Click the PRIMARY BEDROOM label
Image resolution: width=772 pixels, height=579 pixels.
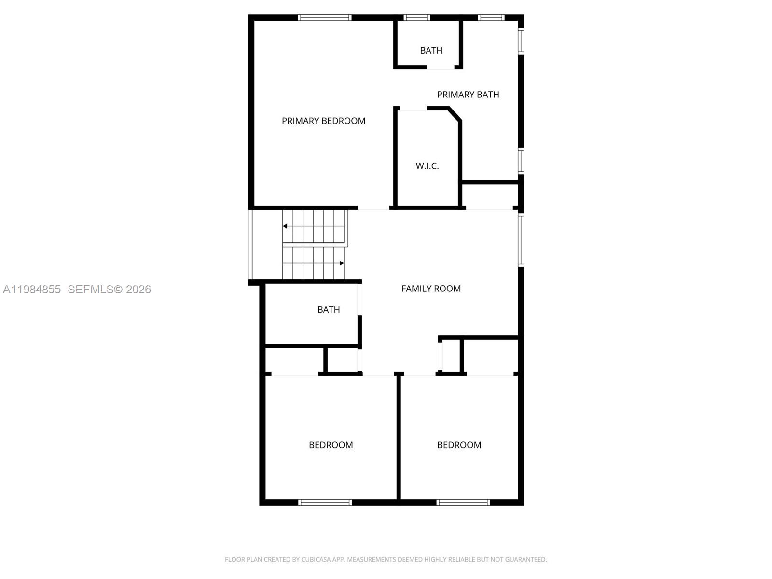[323, 121]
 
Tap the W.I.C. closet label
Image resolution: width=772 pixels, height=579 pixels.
[427, 166]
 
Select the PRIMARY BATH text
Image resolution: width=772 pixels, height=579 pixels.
[468, 95]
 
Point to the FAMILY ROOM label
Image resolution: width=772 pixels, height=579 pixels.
[431, 289]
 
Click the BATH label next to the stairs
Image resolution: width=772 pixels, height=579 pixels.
[329, 310]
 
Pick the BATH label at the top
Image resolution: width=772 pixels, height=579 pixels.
[431, 50]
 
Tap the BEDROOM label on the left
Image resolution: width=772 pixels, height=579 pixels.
[331, 445]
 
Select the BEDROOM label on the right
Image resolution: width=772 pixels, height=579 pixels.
[459, 445]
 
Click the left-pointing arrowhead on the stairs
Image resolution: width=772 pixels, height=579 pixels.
[285, 226]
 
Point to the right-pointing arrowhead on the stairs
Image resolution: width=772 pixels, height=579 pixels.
[342, 263]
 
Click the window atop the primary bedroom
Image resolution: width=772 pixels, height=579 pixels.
[324, 18]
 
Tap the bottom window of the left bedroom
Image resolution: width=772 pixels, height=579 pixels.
[325, 502]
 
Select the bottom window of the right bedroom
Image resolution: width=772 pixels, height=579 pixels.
[463, 502]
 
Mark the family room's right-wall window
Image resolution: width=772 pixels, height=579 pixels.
[521, 240]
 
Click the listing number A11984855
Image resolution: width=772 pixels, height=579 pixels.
[32, 289]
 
